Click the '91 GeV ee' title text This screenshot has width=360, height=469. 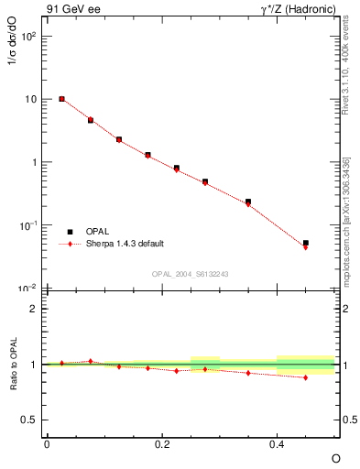pyautogui.click(x=71, y=10)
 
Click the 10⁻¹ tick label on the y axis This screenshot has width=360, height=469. pyautogui.click(x=27, y=225)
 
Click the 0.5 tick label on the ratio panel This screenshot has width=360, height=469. pyautogui.click(x=28, y=420)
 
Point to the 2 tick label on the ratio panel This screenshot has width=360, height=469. pyautogui.click(x=33, y=309)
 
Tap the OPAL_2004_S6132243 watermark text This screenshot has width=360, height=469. pyautogui.click(x=190, y=274)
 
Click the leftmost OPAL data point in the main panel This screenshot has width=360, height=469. pyautogui.click(x=61, y=99)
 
